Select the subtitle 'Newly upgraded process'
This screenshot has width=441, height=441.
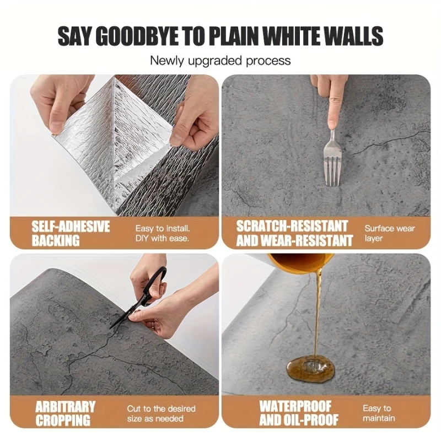(220, 60)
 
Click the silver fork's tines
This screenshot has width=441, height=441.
(332, 171)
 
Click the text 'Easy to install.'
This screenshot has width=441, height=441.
(163, 228)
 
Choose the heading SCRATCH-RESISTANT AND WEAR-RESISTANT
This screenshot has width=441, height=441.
(294, 233)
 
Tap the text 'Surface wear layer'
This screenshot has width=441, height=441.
(389, 233)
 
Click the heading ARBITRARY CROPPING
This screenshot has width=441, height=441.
(65, 413)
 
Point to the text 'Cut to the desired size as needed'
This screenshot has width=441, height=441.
(161, 413)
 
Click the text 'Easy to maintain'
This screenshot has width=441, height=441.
(378, 413)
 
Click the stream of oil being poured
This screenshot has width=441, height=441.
(318, 314)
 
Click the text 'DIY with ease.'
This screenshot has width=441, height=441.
(162, 239)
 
